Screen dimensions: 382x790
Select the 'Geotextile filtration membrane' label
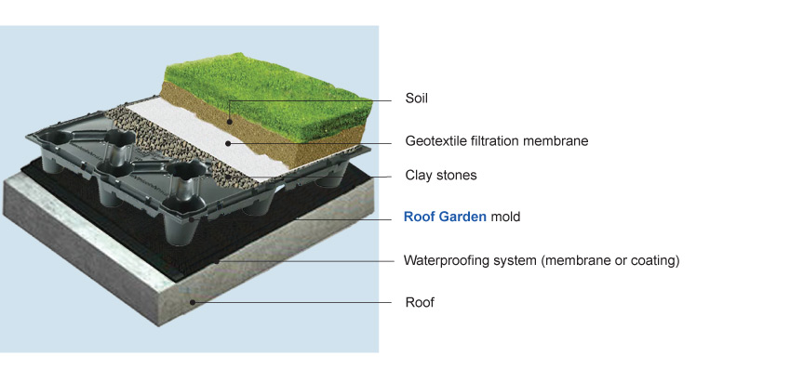[497, 142]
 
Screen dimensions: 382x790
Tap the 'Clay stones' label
[440, 175]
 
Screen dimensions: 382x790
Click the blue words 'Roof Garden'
[445, 217]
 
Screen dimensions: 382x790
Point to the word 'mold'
[505, 217]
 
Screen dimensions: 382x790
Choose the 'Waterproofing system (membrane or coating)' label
[542, 260]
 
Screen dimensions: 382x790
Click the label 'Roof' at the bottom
[419, 302]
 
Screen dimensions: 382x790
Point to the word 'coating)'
[656, 260]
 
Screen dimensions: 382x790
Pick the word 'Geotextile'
[436, 142]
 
